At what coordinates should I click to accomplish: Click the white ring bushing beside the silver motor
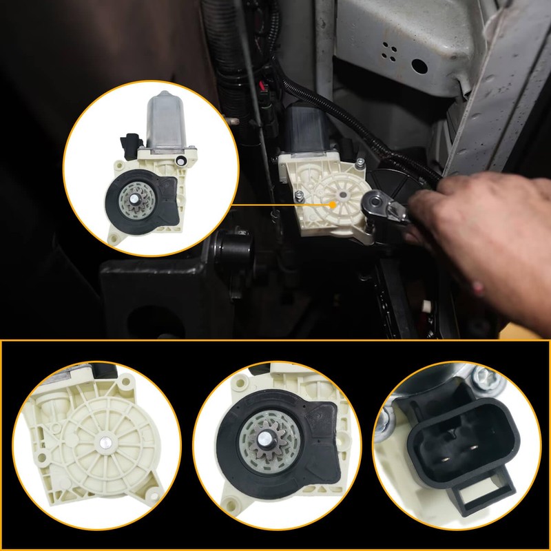[180, 161]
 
